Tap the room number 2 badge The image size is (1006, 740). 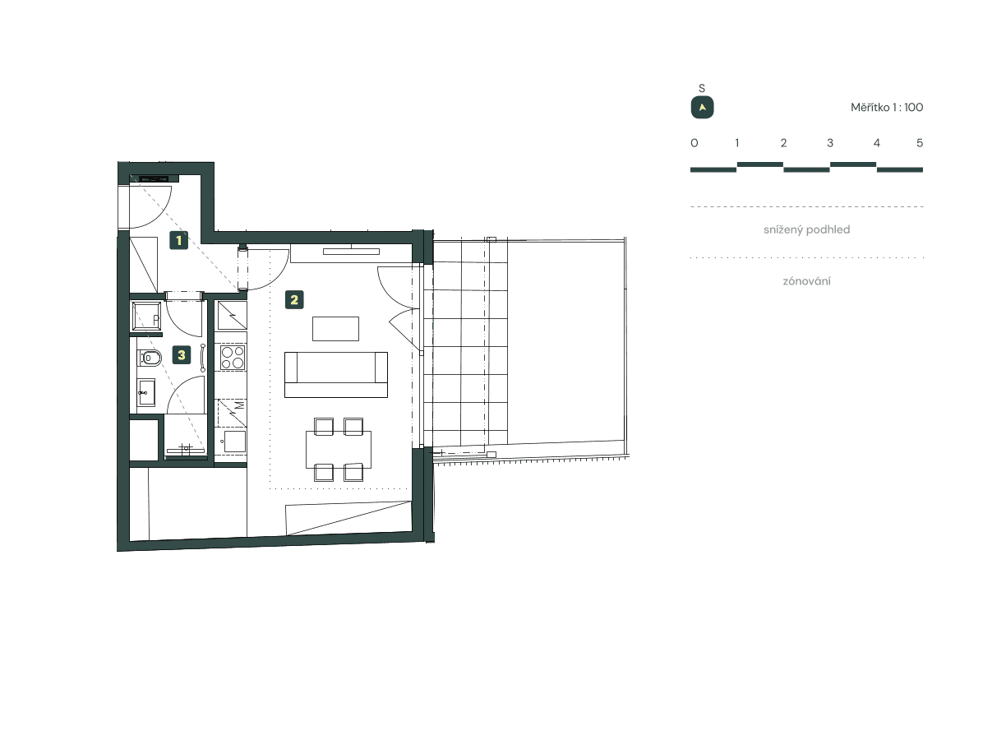[x=294, y=300]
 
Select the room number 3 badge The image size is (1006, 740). [x=182, y=355]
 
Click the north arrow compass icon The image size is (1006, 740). [x=702, y=108]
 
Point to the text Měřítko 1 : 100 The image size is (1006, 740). [x=887, y=108]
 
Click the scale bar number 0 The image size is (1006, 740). [x=695, y=143]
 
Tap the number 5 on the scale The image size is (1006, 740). [x=920, y=143]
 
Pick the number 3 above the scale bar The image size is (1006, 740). [x=830, y=143]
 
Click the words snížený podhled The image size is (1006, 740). [x=806, y=229]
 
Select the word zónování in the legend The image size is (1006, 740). [x=806, y=281]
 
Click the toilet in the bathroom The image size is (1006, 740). [x=149, y=358]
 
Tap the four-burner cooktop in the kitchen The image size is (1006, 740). [x=232, y=358]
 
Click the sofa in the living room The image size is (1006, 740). [x=335, y=373]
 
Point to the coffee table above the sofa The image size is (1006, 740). [x=335, y=329]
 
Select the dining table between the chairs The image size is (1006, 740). [x=338, y=449]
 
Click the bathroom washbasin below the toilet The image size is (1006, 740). [x=147, y=392]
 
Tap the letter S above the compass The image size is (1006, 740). [x=702, y=88]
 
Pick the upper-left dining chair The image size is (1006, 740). [x=323, y=426]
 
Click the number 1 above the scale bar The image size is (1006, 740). [x=737, y=143]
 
